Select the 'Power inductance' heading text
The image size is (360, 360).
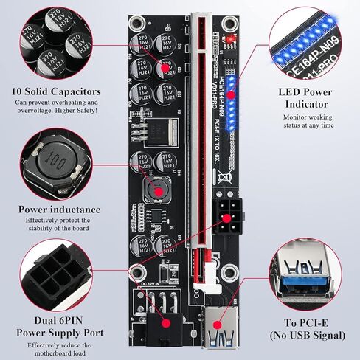click(x=56, y=209)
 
